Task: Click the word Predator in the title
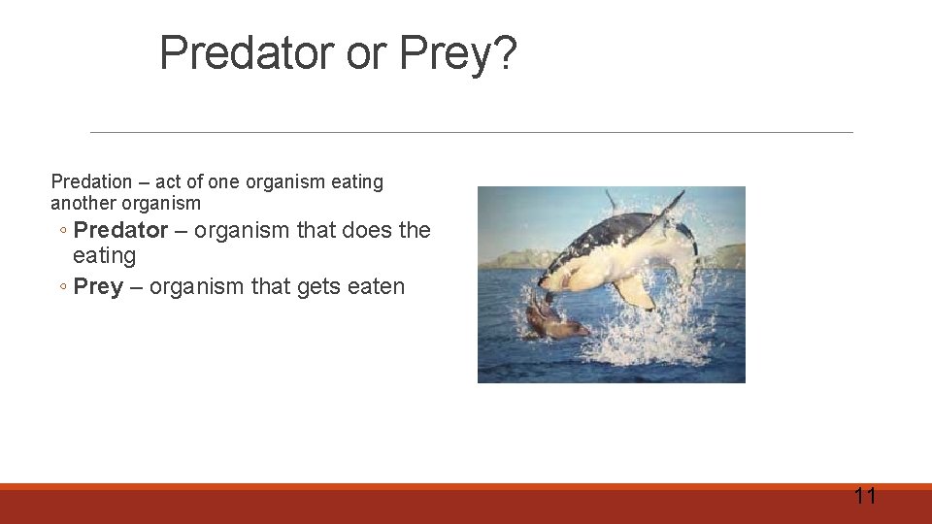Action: click(247, 53)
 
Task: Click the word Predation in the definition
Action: click(90, 181)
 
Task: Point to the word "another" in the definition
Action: click(83, 204)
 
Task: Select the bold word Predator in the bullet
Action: click(120, 230)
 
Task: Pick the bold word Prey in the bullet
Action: click(98, 286)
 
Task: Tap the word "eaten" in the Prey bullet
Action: click(375, 286)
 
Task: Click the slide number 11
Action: click(864, 497)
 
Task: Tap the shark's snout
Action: click(547, 282)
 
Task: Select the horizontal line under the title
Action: click(471, 132)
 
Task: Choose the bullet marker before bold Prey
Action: click(62, 287)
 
